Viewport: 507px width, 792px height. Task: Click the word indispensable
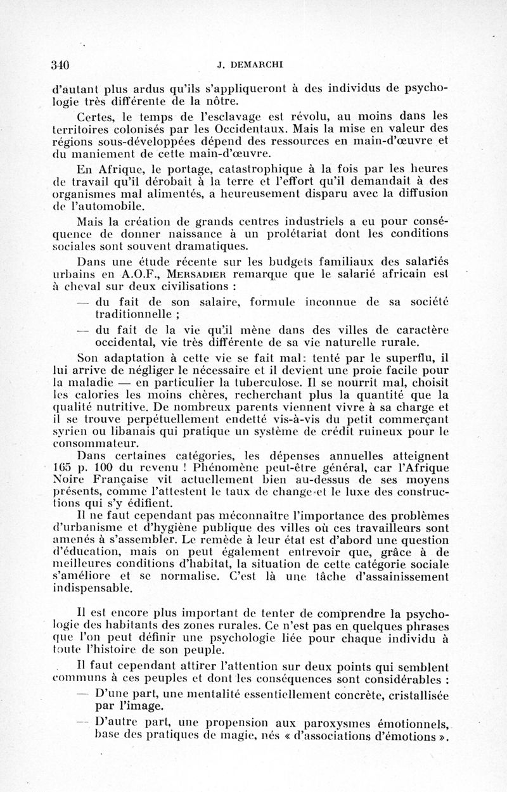click(x=92, y=588)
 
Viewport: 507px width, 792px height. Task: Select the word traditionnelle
click(x=134, y=314)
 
